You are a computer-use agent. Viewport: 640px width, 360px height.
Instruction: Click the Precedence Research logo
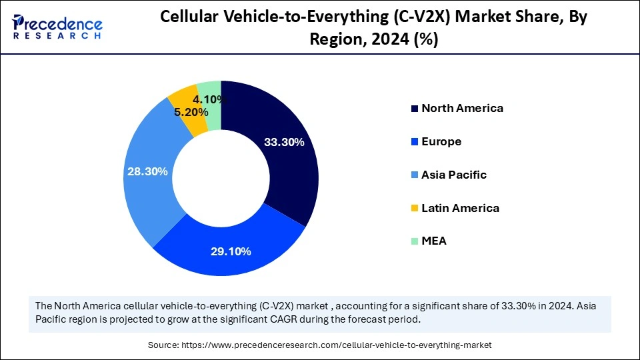(57, 27)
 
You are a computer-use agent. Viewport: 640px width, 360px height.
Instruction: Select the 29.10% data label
(230, 251)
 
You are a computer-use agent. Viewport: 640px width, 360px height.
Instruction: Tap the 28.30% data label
(147, 171)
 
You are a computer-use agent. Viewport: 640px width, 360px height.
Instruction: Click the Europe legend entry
(441, 141)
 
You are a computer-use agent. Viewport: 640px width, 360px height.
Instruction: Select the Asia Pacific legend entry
(453, 175)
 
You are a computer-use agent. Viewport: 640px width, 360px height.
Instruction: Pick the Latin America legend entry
(459, 208)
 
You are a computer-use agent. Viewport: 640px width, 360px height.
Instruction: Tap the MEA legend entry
(433, 241)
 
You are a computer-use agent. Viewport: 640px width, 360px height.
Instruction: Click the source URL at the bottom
(320, 345)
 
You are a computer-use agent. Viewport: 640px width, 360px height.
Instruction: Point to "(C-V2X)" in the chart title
(424, 18)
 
